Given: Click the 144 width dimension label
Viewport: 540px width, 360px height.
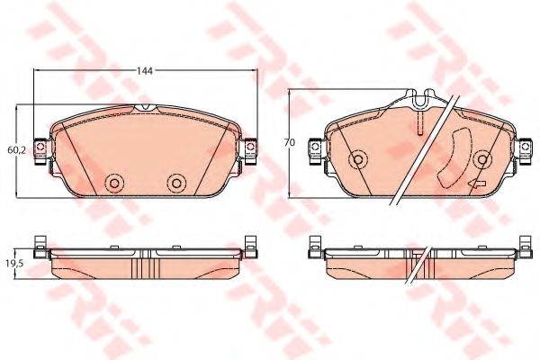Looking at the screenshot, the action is pos(144,71).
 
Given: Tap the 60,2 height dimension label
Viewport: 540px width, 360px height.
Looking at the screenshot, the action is pos(16,150).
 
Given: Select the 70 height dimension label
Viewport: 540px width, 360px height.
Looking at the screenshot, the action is pos(290,142).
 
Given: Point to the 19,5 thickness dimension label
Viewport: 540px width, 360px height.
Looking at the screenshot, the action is pos(13,264).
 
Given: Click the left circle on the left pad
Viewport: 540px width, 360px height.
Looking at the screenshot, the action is pos(115,183).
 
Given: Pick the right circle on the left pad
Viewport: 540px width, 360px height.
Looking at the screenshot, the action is pos(176,183).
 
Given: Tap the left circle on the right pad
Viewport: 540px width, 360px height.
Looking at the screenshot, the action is pos(358,159).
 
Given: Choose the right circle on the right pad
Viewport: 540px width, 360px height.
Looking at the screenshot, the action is pos(482,159).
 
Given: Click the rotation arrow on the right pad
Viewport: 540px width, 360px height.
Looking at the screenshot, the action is pos(477,184).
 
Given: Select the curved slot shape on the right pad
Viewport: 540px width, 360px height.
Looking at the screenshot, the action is pos(454,158).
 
